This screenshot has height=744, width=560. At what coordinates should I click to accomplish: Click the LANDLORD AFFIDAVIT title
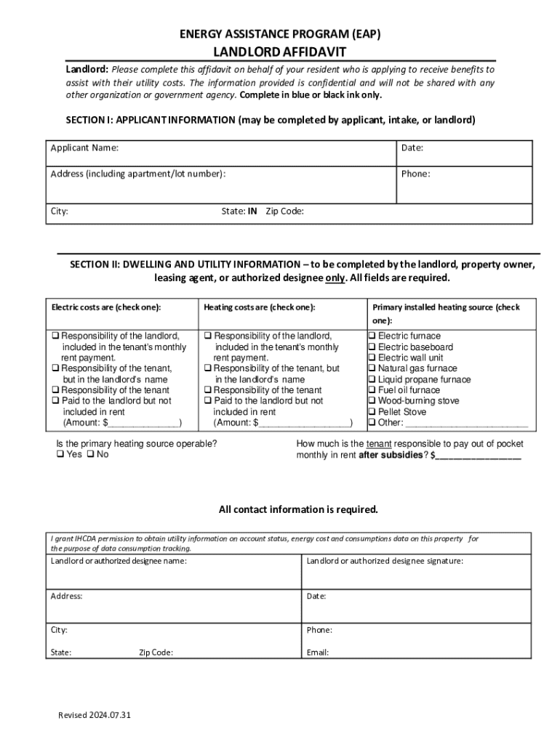[x=279, y=52]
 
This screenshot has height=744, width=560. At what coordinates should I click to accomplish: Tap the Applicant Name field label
[x=84, y=148]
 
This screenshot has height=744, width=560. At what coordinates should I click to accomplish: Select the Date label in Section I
[x=412, y=148]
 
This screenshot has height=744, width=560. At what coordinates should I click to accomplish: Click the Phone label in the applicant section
[x=415, y=174]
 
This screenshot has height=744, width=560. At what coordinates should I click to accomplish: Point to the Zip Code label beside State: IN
[x=284, y=212]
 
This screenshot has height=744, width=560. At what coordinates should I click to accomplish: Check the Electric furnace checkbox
[x=372, y=336]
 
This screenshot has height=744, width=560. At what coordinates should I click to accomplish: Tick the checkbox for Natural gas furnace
[x=372, y=368]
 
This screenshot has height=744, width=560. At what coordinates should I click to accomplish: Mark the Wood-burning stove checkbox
[x=372, y=401]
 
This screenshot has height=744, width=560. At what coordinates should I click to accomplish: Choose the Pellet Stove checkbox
[x=372, y=412]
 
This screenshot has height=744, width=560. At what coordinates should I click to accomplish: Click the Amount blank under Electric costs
[x=143, y=424]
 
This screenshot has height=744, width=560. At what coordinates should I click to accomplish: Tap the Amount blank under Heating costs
[x=305, y=424]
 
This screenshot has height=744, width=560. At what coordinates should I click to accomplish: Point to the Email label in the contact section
[x=317, y=652]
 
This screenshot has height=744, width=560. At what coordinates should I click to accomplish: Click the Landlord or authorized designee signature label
[x=385, y=562]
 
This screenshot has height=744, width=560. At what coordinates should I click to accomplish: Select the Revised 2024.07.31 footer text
[x=95, y=716]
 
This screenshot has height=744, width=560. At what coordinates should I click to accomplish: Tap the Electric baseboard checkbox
[x=372, y=347]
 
